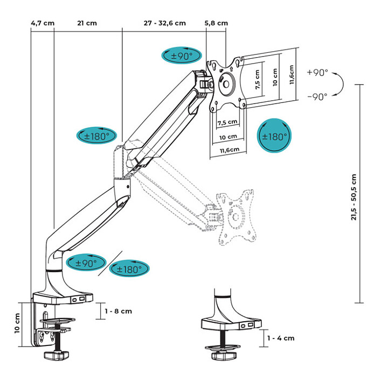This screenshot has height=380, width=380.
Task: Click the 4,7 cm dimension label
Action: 42,23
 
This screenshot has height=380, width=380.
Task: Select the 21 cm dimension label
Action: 87,23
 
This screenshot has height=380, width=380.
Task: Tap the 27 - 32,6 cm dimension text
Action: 164,23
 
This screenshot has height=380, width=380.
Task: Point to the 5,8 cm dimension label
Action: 216,23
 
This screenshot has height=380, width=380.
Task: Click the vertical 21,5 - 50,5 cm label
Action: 353,196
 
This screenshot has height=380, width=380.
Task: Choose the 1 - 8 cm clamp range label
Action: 118,311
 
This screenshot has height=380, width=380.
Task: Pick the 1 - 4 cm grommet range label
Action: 281,338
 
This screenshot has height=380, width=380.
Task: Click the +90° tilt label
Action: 317,72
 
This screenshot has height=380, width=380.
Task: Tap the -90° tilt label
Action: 317,97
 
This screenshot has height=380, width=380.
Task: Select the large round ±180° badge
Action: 274,136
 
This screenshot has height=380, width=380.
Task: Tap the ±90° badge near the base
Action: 85,263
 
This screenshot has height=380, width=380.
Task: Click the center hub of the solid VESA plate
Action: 226,85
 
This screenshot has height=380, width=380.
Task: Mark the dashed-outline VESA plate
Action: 235,216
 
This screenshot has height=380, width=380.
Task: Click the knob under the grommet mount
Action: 220,356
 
